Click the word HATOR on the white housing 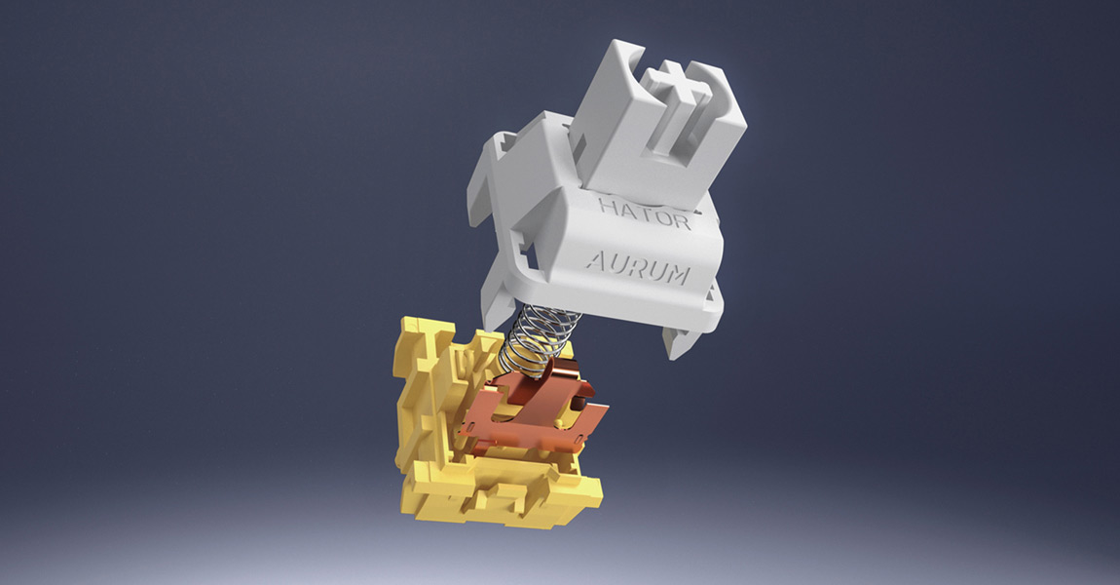(x=645, y=214)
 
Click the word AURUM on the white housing (x=639, y=267)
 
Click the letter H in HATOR (x=609, y=207)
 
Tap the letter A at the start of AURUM (x=596, y=260)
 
